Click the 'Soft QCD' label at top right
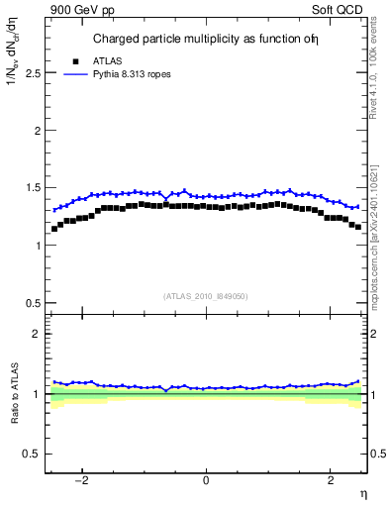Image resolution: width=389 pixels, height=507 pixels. point(341,9)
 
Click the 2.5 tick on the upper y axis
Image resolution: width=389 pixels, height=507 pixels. point(33,73)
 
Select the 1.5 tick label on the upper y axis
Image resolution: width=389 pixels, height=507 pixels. point(33,188)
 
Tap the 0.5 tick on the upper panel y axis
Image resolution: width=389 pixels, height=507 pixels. point(33,303)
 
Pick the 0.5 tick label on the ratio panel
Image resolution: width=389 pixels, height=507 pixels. point(33,454)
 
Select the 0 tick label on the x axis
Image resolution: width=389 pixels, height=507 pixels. point(206,481)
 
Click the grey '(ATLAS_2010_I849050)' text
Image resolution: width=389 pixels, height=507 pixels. point(206,296)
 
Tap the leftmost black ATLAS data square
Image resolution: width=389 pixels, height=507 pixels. point(54,229)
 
